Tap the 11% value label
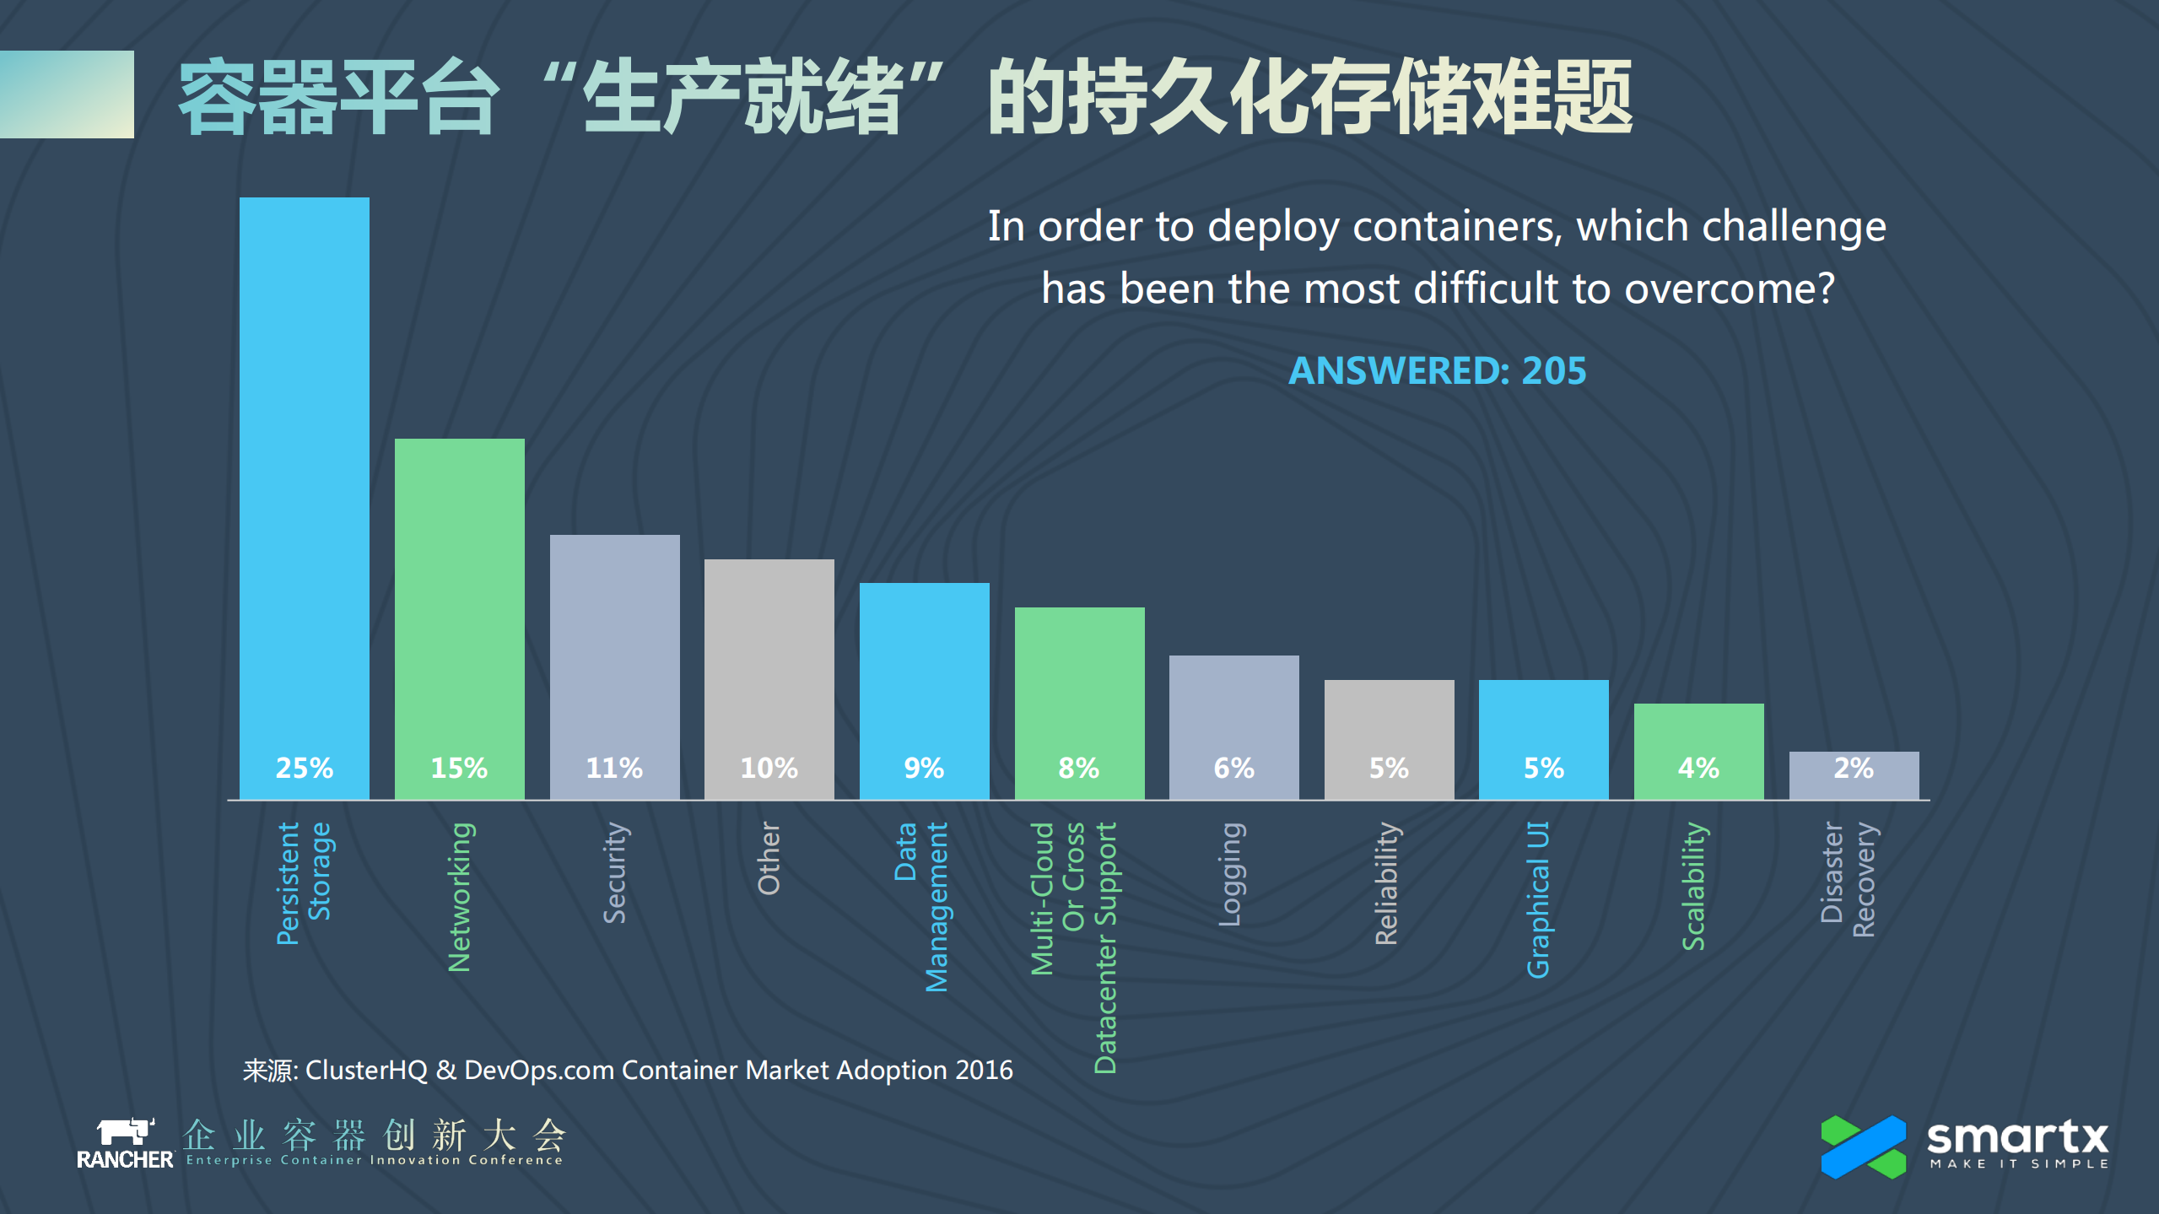click(x=614, y=768)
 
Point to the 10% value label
click(x=769, y=768)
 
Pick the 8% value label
click(x=1079, y=768)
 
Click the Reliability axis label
click(x=1386, y=882)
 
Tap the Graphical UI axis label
click(x=1538, y=899)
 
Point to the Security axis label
click(x=614, y=872)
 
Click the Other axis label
click(x=769, y=858)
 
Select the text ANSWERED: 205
click(x=1437, y=370)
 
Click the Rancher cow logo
click(x=125, y=1131)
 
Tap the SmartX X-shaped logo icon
click(x=1863, y=1147)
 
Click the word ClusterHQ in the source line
click(x=366, y=1070)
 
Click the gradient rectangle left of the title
click(x=67, y=94)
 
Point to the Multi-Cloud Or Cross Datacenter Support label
click(x=1073, y=945)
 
